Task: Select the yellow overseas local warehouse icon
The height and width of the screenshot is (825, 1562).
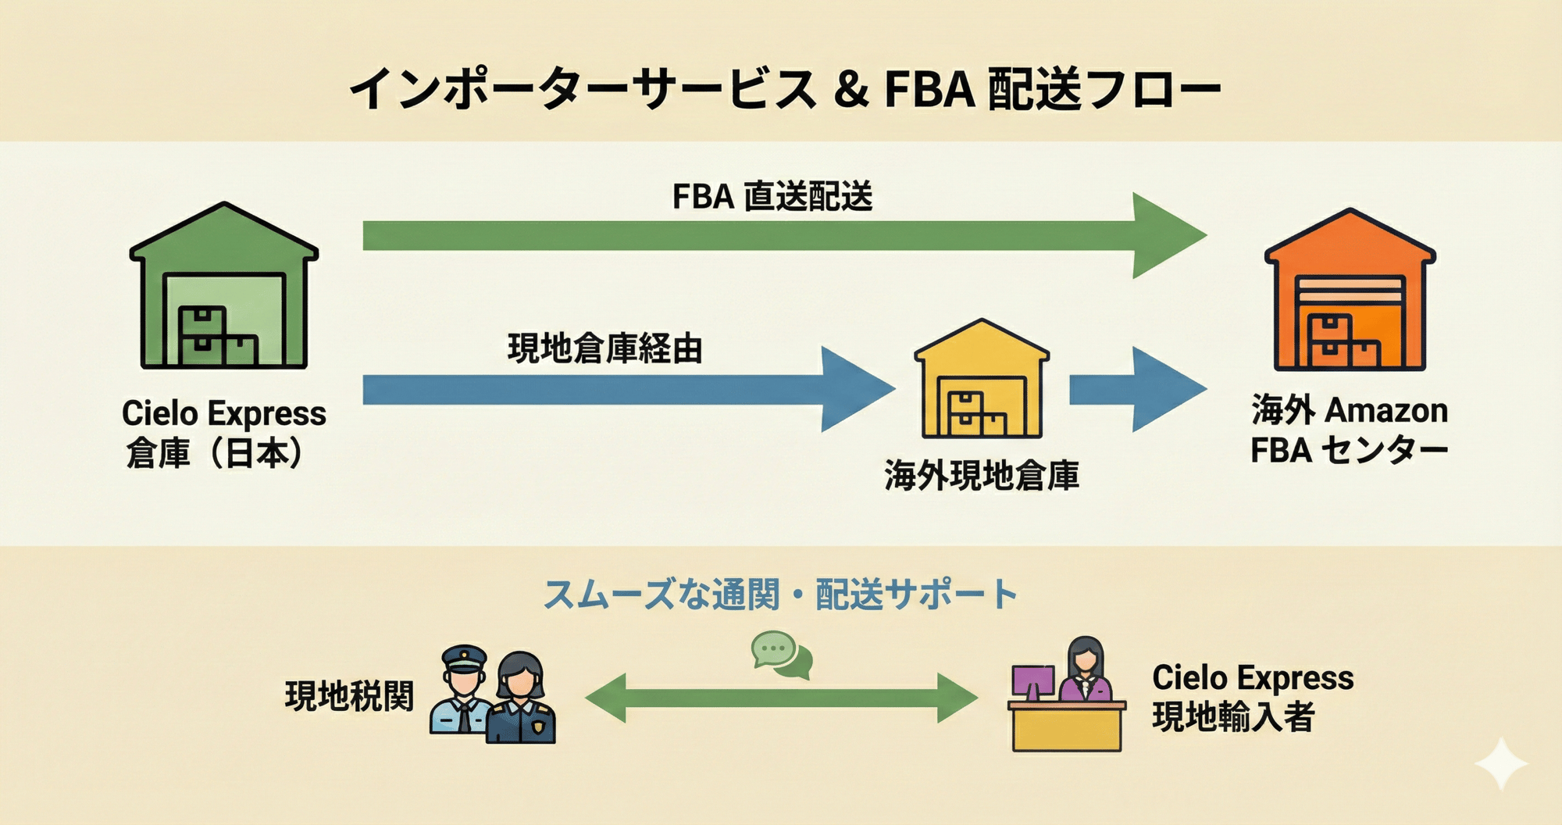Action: tap(982, 380)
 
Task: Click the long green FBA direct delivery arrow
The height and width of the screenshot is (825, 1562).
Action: tap(781, 235)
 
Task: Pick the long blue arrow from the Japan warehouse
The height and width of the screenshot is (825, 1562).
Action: tap(625, 389)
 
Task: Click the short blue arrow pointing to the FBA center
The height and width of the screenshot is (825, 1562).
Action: tap(1137, 389)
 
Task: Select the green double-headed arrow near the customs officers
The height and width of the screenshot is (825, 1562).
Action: tap(781, 698)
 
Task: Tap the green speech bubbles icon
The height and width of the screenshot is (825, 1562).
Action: tap(782, 655)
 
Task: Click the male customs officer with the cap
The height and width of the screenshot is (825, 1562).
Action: tap(462, 691)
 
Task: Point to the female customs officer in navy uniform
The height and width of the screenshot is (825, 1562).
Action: tap(522, 699)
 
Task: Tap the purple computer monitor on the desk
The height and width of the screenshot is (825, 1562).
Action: tap(1032, 682)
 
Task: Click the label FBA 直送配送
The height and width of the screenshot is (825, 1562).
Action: tap(772, 196)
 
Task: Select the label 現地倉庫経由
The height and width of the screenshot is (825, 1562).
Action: tap(605, 348)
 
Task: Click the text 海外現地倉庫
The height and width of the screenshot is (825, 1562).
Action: tap(982, 476)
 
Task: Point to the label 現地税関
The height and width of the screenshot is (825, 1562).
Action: tap(349, 696)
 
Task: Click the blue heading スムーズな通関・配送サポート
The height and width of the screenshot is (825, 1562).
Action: tap(780, 595)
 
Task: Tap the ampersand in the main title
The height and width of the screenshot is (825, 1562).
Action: tap(851, 89)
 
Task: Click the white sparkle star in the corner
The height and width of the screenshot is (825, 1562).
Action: tap(1501, 763)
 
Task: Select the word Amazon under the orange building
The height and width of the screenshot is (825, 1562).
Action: tap(1386, 411)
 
